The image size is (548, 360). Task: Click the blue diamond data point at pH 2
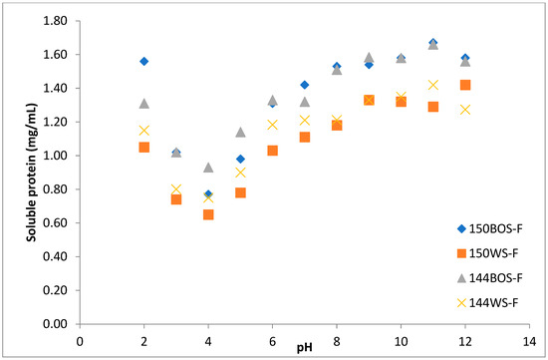pyautogui.click(x=144, y=61)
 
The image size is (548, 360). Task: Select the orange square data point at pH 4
pyautogui.click(x=208, y=214)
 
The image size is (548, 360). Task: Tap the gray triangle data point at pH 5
pyautogui.click(x=240, y=132)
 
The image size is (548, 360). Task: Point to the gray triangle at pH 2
pyautogui.click(x=144, y=103)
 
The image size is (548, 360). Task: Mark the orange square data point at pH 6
pyautogui.click(x=273, y=151)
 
